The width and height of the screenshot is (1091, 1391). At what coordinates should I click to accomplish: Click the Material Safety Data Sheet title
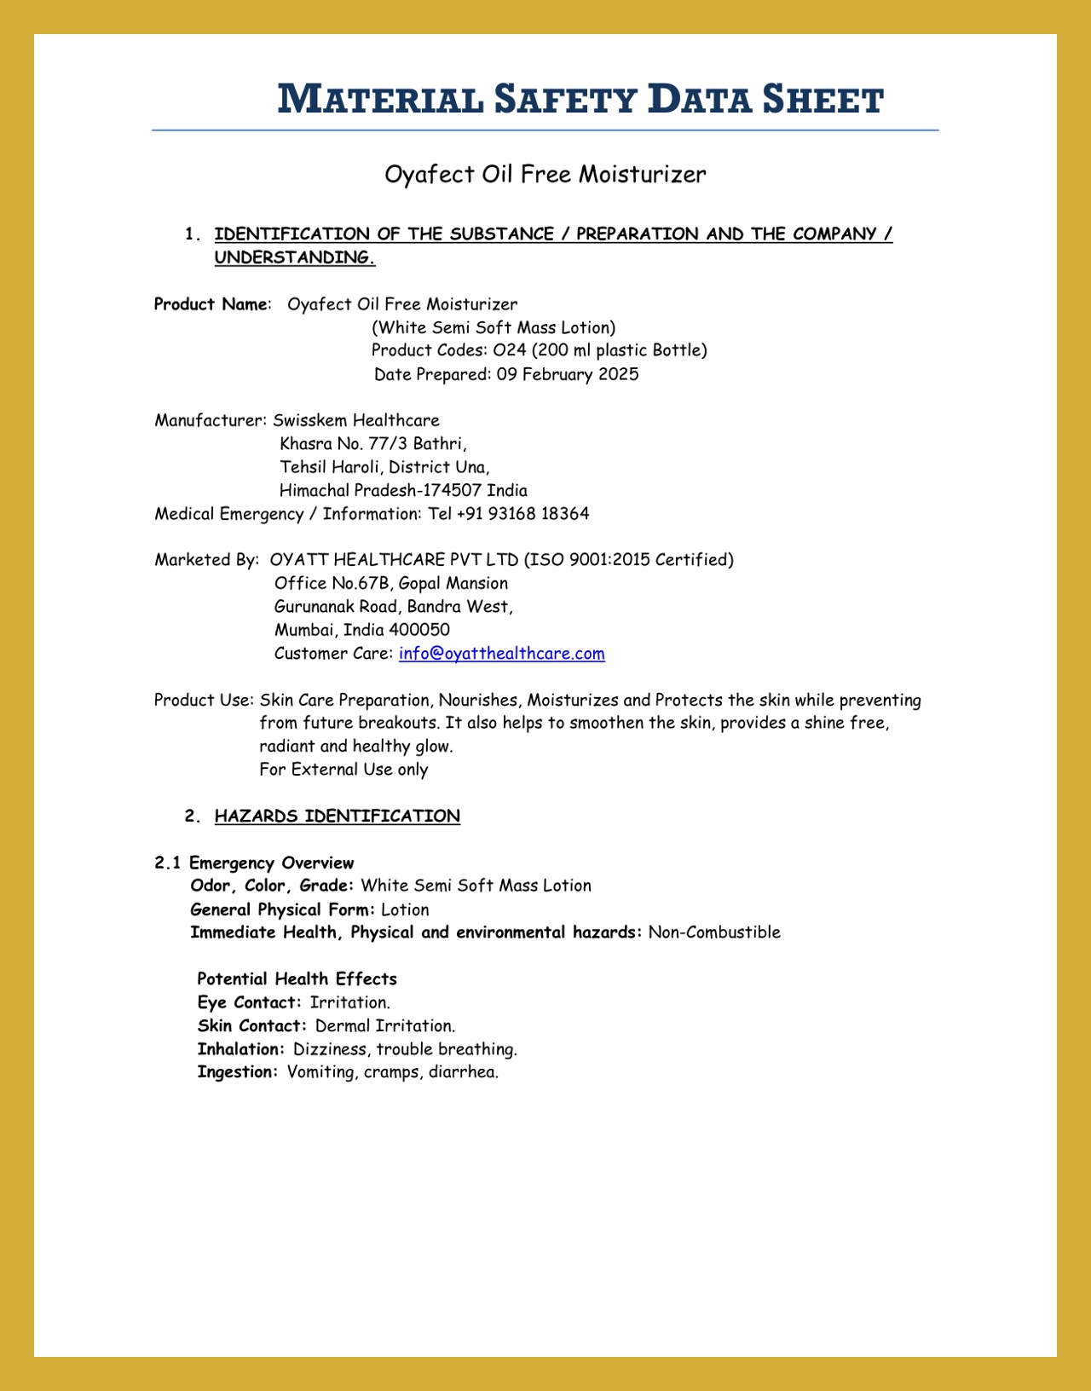point(580,99)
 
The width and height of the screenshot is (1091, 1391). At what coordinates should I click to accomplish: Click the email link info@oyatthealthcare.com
point(501,654)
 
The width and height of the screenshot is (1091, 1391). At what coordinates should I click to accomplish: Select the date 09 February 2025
point(568,374)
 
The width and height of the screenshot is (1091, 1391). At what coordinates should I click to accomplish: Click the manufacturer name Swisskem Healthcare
point(356,420)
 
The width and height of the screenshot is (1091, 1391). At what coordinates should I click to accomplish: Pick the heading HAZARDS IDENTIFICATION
point(337,817)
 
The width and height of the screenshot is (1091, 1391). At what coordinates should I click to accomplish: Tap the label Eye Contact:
point(249,1002)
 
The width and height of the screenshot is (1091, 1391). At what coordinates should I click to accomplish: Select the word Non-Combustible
point(714,932)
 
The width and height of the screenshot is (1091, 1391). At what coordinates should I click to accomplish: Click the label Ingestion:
point(237,1072)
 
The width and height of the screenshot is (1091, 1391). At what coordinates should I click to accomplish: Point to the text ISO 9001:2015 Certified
point(628,560)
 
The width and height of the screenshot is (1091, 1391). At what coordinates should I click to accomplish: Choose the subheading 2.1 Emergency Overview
point(254,863)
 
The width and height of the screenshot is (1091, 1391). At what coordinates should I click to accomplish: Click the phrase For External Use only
point(343,770)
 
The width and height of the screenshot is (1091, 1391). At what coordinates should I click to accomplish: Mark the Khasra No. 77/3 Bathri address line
point(373,444)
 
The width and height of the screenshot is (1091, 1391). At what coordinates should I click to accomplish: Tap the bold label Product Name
point(211,304)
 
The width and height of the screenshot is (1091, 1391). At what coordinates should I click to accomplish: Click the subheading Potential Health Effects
point(297,979)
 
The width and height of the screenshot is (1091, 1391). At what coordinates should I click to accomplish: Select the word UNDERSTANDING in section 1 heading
point(294,257)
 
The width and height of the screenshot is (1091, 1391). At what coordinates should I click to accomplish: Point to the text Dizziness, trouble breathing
point(405,1049)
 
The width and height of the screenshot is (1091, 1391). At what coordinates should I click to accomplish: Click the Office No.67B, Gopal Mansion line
point(391,584)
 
